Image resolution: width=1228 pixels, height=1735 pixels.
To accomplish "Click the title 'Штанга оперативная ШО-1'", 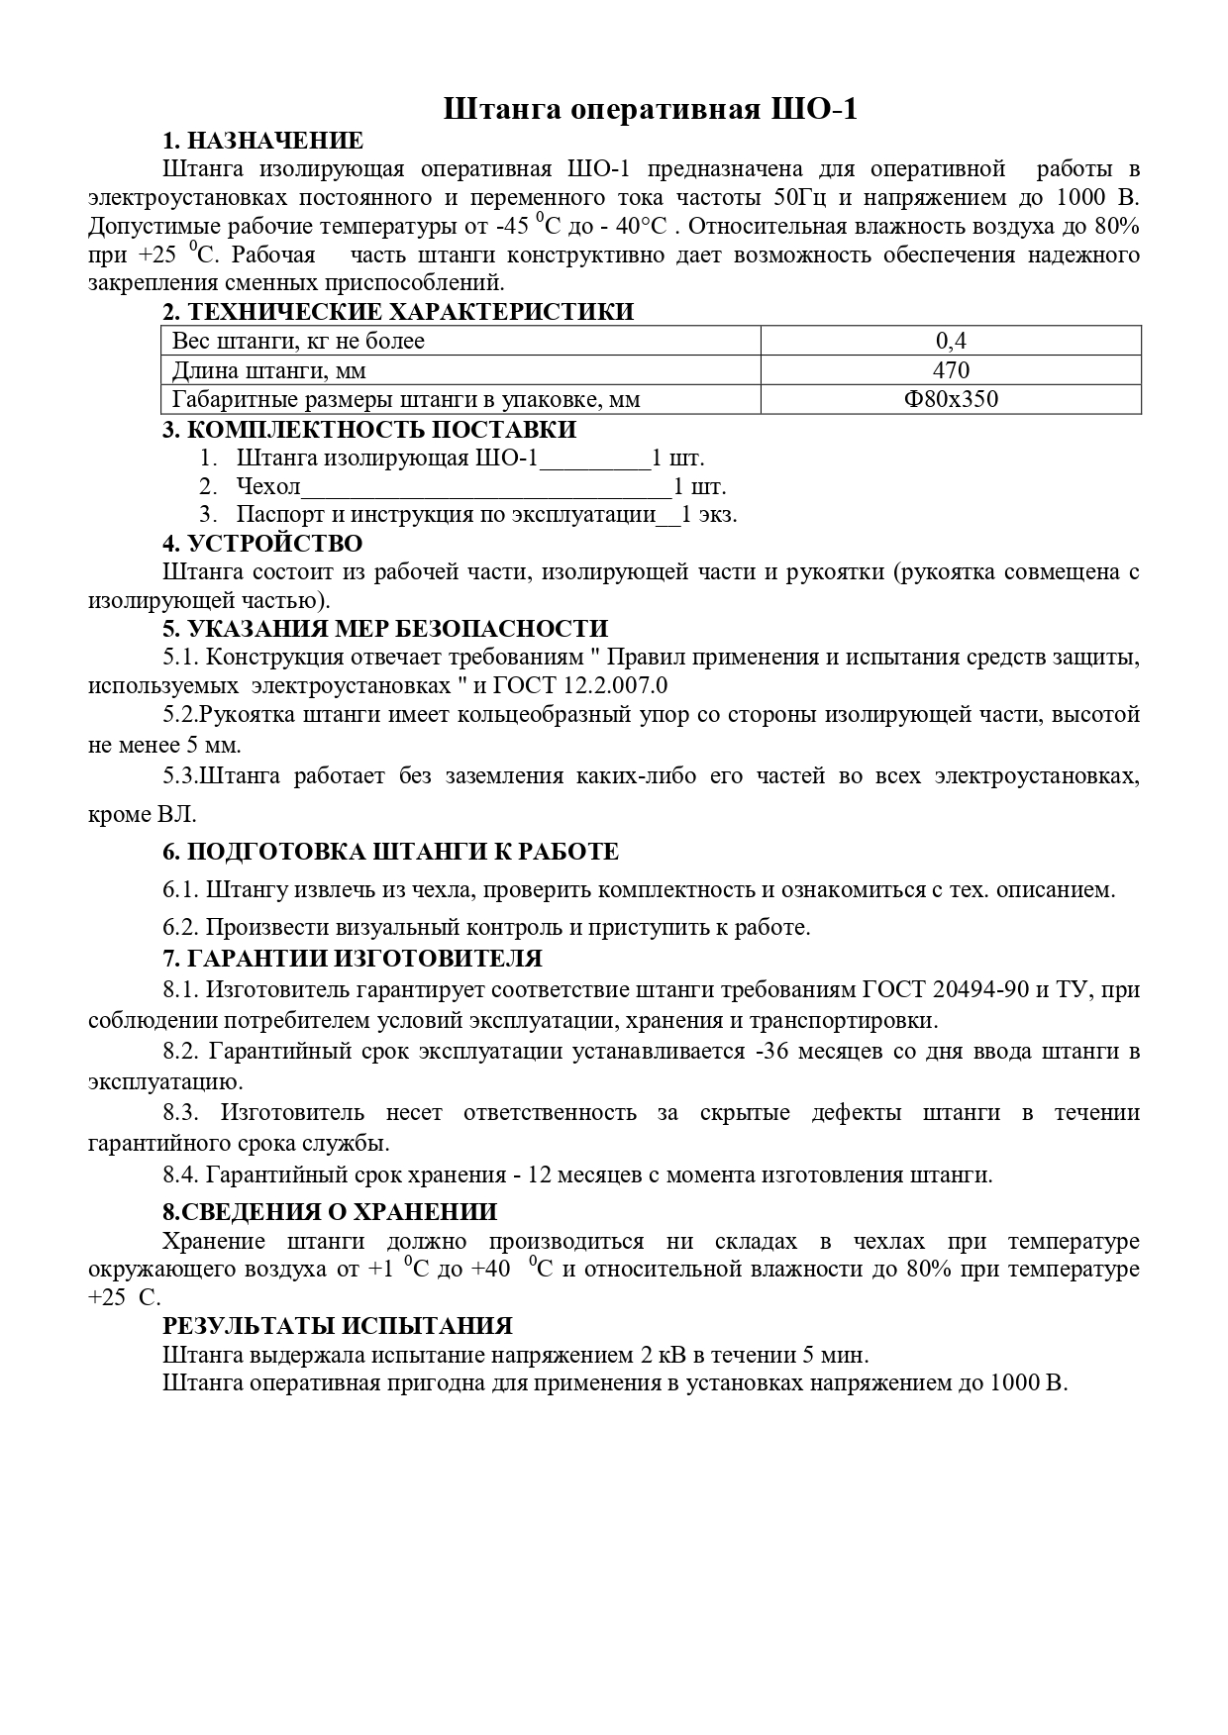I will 650,109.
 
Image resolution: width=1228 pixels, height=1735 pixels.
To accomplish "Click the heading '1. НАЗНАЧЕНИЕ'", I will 263,141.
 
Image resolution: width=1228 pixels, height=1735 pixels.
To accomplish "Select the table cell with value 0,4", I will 951,342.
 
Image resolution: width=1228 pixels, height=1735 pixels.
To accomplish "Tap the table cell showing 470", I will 951,370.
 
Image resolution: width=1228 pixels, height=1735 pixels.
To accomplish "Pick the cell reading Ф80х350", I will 951,400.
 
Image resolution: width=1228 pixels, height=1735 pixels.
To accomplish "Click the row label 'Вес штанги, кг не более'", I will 298,342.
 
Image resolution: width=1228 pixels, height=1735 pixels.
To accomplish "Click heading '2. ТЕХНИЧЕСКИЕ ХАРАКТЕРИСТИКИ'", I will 398,312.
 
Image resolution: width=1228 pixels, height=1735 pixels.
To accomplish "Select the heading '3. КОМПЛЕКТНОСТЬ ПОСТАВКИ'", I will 369,430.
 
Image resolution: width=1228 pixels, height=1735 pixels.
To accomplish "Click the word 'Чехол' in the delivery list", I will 268,487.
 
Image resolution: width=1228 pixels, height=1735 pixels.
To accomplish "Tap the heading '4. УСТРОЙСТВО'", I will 262,544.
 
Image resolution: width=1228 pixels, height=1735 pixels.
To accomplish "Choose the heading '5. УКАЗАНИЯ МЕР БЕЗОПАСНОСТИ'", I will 385,629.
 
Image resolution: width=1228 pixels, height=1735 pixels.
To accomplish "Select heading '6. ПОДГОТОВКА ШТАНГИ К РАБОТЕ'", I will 390,852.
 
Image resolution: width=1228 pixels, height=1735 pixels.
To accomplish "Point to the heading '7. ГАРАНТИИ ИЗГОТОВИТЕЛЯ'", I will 353,959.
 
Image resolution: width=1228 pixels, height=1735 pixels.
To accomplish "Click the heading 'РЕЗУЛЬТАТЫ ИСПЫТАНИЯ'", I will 338,1327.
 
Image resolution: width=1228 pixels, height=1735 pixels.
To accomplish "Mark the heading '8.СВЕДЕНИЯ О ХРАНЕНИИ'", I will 330,1212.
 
